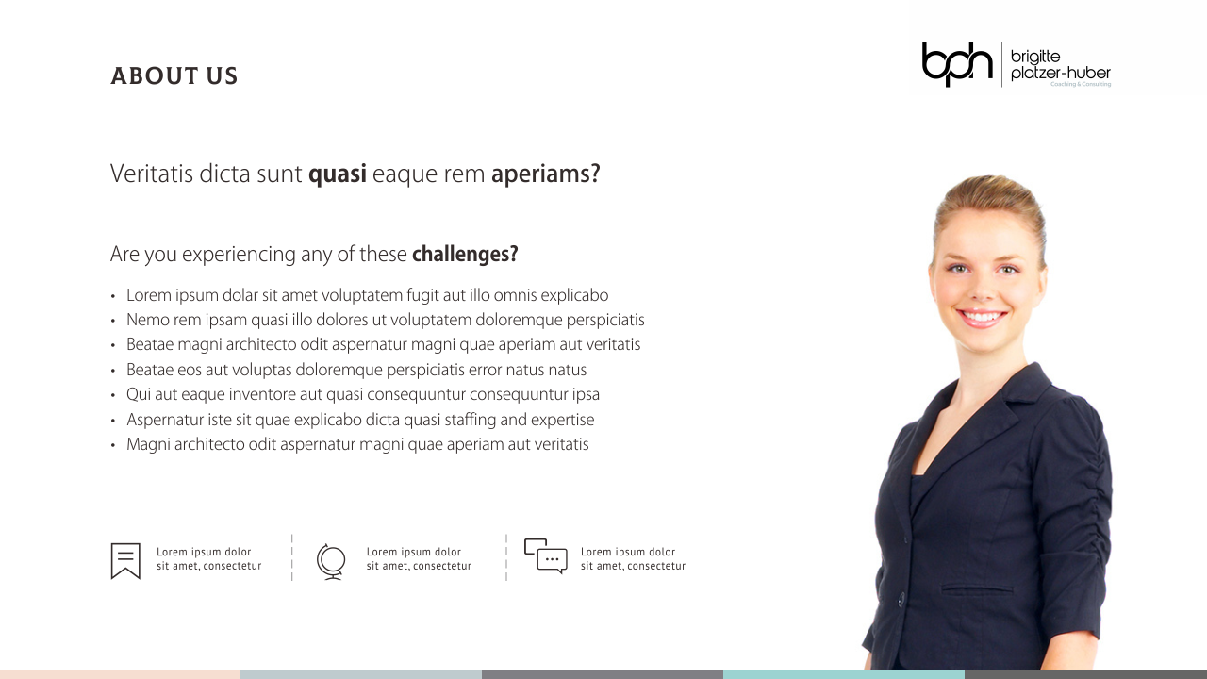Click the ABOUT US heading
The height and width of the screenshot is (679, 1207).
pos(174,76)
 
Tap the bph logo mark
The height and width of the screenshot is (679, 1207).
pos(957,64)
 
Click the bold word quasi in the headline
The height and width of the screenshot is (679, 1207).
pos(338,174)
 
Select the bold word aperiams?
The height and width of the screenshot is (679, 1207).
pos(545,174)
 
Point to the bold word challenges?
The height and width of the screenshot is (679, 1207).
pos(465,255)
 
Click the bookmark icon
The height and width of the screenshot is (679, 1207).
pos(125,560)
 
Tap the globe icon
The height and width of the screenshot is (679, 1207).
pos(331,561)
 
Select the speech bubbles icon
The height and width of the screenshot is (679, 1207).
pos(545,555)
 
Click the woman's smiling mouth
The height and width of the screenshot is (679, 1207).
pos(981,317)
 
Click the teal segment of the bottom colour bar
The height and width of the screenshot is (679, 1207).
pos(844,674)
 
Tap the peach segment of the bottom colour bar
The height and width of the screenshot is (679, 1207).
pos(120,674)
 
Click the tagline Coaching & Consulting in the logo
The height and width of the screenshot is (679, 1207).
pos(1081,84)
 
